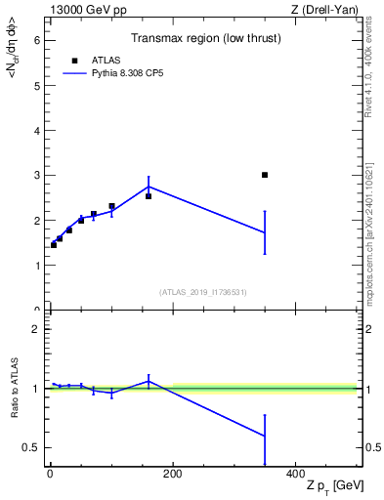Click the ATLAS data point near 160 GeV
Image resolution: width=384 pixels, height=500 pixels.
149,196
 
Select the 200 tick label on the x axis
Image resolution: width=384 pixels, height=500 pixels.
172,476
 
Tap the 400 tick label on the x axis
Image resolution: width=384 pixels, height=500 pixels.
295,476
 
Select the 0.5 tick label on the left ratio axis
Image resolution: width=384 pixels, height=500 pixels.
31,448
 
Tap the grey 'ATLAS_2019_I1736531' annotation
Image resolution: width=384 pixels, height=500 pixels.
203,292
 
